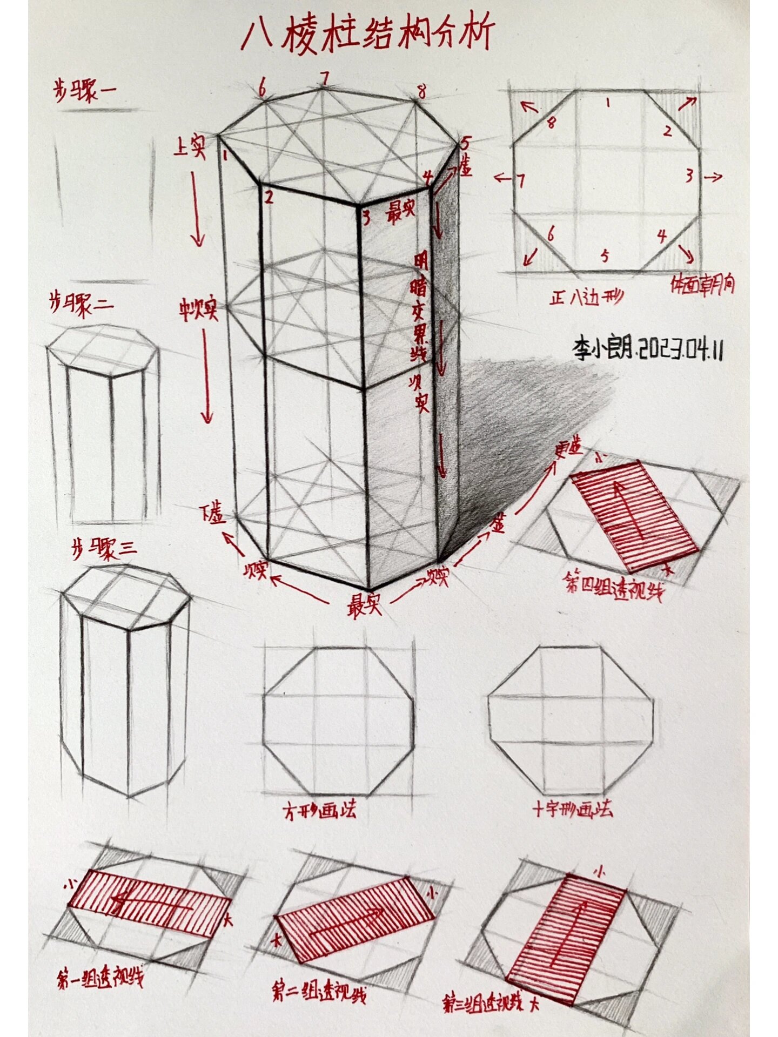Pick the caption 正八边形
tap(586, 297)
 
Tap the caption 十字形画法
tap(573, 809)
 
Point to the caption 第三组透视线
tap(484, 1004)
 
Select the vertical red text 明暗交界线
tap(420, 308)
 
